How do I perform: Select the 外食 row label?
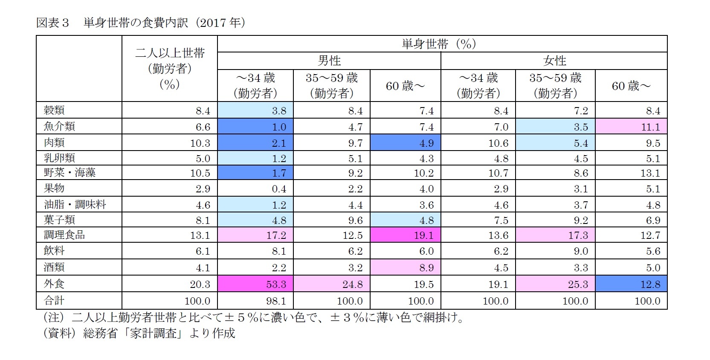tap(54, 284)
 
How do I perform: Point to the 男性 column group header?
tap(329, 61)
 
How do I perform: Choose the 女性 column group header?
tap(554, 61)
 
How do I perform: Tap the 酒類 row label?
tap(54, 267)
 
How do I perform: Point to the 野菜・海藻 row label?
tap(70, 173)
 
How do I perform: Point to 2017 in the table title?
tap(212, 23)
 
